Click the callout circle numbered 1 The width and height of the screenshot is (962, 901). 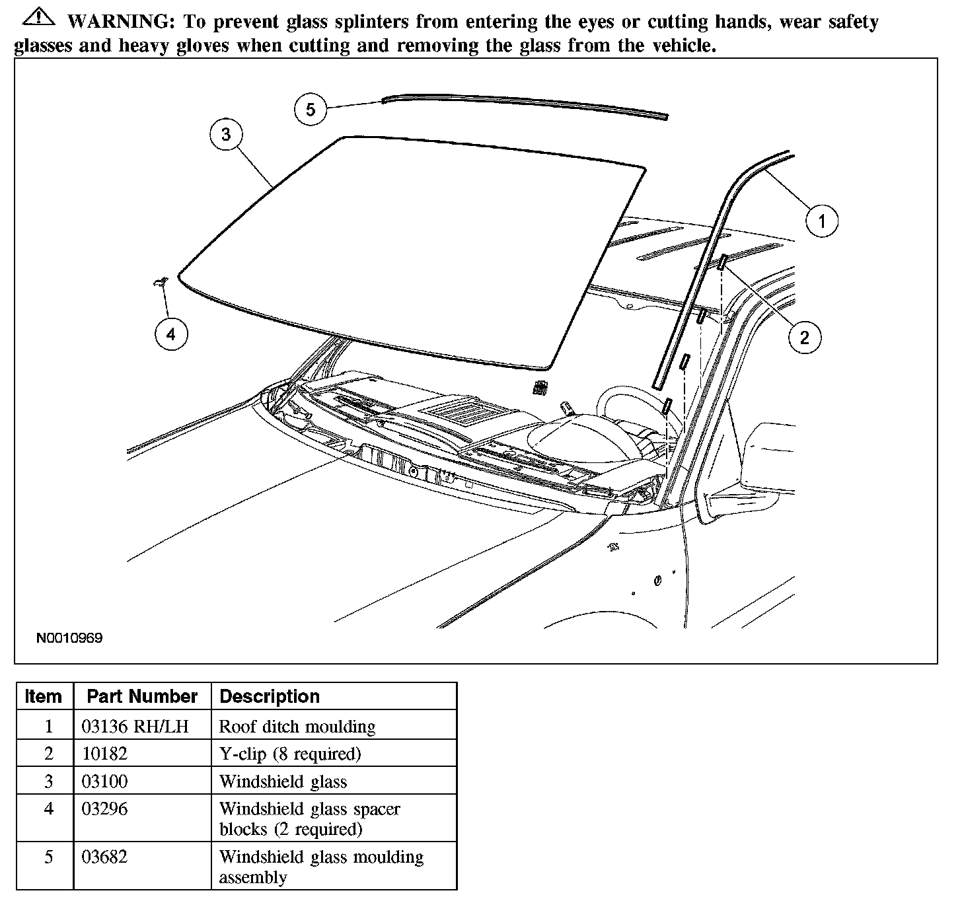point(821,221)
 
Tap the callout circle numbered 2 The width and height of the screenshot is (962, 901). point(804,338)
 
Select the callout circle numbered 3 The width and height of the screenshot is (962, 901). point(226,134)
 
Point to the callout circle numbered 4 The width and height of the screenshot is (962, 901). point(171,334)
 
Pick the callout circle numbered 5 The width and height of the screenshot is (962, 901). point(311,109)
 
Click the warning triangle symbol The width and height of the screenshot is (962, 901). point(36,18)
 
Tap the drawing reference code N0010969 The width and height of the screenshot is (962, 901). point(69,638)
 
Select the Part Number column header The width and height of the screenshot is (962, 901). point(142,696)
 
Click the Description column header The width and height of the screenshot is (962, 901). point(270,696)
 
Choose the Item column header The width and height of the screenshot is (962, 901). point(44,696)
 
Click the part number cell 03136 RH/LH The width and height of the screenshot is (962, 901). point(135,727)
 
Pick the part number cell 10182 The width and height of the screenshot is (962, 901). point(104,754)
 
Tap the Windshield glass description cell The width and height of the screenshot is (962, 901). point(283,781)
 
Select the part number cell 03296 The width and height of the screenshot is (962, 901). point(104,809)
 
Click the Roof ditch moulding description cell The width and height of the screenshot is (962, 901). point(297,727)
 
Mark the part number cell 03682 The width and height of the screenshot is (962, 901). point(104,857)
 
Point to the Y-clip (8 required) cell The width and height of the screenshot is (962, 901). point(290,754)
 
